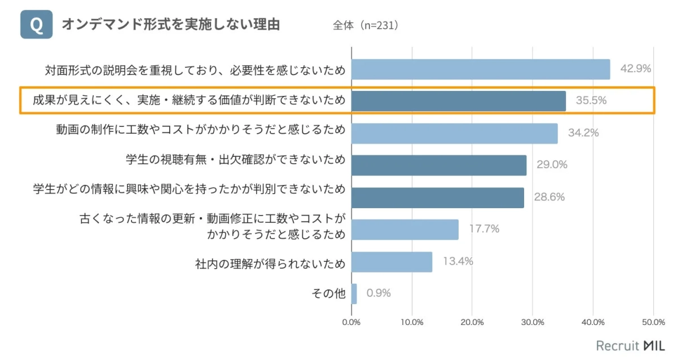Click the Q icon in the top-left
(36, 25)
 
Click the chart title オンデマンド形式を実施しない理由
(170, 25)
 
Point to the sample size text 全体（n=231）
(366, 26)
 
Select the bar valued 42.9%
(481, 69)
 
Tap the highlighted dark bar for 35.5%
(458, 101)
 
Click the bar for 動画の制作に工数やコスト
(454, 133)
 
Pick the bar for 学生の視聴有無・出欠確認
(438, 165)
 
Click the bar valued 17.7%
(405, 230)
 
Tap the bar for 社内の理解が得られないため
(392, 262)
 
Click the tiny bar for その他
(354, 294)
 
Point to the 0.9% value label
(379, 293)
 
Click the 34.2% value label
(583, 133)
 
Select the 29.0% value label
(552, 165)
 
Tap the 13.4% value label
(458, 261)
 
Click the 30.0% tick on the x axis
(533, 322)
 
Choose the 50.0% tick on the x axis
(653, 322)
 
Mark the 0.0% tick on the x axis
(351, 322)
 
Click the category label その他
(328, 293)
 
